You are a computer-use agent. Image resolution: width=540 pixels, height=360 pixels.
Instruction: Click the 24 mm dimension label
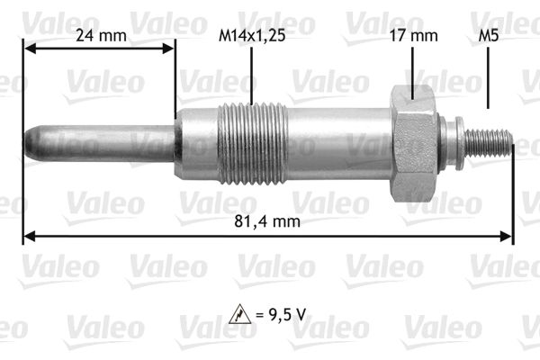coord(101,35)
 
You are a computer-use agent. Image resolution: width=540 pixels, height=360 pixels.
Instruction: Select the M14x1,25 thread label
coord(252,36)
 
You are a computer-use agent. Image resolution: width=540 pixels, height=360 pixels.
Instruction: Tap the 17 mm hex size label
coord(413,35)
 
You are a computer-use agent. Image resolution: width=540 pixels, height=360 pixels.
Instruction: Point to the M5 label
coord(489,35)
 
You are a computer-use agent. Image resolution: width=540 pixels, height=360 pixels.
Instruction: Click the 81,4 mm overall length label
coord(267,221)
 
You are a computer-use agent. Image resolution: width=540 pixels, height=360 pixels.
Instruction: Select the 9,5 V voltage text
coord(287,314)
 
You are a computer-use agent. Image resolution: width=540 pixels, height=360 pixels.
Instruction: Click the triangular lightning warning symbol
coord(239,314)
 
